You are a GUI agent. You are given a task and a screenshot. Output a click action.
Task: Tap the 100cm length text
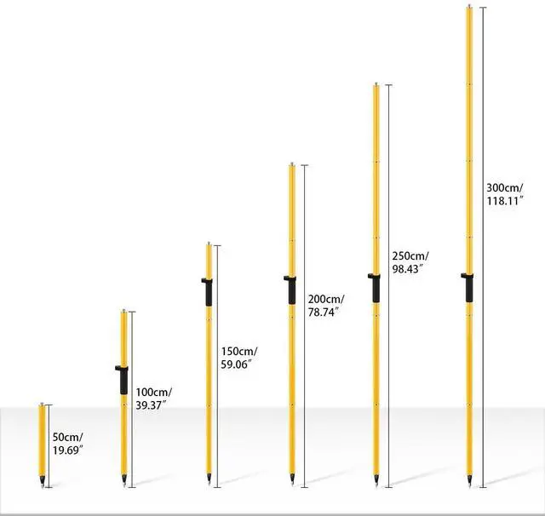pos(153,392)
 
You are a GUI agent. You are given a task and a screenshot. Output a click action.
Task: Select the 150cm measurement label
pos(239,351)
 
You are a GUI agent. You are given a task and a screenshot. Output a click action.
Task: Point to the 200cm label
pos(325,299)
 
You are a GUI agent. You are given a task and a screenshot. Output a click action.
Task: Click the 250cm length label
pos(410,255)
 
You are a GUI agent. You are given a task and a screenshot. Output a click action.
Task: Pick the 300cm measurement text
pos(504,187)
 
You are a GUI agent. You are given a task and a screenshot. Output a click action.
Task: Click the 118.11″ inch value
pos(504,200)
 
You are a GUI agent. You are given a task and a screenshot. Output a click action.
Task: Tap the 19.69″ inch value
pos(68,449)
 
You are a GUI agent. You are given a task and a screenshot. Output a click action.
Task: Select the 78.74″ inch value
pos(324,312)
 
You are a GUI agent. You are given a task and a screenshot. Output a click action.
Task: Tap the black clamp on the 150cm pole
pos(208,291)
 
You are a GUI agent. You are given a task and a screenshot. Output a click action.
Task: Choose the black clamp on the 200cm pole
pos(291,289)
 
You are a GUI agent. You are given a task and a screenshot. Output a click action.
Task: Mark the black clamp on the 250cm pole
pos(376,287)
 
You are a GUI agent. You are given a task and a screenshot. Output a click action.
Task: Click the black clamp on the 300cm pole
pos(468,287)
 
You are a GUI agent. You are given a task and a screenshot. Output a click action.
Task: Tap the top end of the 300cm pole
pos(468,8)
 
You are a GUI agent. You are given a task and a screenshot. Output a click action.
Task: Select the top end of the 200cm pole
pos(292,165)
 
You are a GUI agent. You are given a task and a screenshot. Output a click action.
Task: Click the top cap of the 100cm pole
pos(124,312)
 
